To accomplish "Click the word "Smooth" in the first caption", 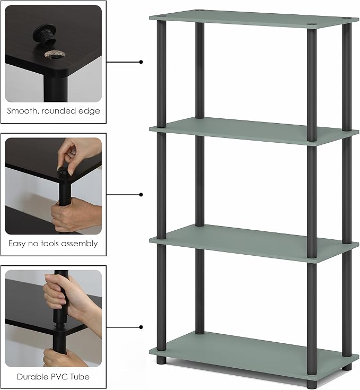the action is coord(22,111).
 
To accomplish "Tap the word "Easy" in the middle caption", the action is coord(17,244).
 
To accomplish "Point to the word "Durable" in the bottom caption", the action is coord(31,377).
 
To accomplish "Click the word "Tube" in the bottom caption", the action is coord(80,377).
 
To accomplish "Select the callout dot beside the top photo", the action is coord(141,62).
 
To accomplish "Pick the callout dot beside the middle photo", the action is coord(141,195).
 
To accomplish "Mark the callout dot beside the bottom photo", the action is coord(141,327).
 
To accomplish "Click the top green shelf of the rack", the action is coord(253,19).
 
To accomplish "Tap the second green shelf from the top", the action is coord(253,131).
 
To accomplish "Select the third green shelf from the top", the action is coord(253,242).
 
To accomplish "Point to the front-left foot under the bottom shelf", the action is coord(162,360).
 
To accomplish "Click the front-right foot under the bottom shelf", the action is coord(312,384).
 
